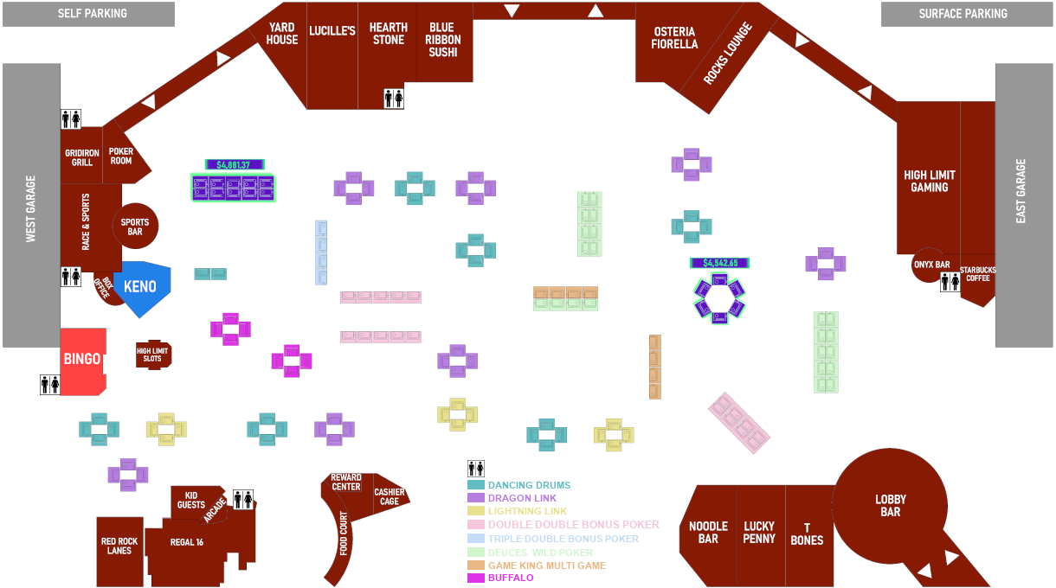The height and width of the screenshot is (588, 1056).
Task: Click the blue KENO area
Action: pos(141,286)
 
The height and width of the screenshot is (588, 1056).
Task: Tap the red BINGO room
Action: pos(82,358)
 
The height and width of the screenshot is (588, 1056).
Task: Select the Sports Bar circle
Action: pos(135,227)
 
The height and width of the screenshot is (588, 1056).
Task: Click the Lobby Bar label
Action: pos(890,505)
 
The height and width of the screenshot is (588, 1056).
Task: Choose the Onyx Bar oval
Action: pos(931,265)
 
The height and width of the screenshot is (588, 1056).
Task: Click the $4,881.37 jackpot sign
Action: pos(233,164)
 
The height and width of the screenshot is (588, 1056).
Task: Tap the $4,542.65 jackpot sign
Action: pos(719,262)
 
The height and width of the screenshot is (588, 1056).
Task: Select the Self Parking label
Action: pos(93,14)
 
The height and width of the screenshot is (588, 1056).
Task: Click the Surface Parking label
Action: pos(963,14)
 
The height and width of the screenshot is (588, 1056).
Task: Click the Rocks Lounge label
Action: pos(727,54)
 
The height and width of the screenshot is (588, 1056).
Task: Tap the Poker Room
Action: pos(121,156)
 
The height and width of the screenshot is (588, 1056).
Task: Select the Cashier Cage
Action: pos(390,496)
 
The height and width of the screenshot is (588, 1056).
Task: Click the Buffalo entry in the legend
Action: pos(511,578)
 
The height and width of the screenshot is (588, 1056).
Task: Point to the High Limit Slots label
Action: pos(152,354)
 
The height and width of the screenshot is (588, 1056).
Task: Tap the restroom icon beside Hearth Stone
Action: pos(393,98)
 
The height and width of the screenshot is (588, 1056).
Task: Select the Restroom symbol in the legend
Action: pos(475,470)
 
